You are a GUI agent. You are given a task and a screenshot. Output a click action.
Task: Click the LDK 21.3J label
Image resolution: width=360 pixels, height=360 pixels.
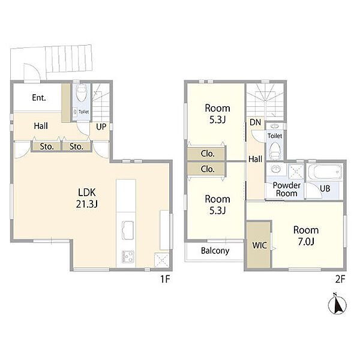tap(87, 198)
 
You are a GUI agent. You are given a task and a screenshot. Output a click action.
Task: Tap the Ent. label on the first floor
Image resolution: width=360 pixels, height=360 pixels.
tap(39, 98)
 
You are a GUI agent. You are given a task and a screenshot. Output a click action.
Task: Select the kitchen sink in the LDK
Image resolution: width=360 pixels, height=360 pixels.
tap(128, 230)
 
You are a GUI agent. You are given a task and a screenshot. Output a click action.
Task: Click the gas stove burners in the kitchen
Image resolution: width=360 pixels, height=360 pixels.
tap(128, 256)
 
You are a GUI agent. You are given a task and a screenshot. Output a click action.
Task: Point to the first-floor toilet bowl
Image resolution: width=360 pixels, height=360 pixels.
tap(82, 92)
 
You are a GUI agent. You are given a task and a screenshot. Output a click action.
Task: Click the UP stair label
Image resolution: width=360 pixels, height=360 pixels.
tap(101, 127)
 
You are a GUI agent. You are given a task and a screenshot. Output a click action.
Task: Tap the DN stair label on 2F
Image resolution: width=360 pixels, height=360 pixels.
tap(256, 122)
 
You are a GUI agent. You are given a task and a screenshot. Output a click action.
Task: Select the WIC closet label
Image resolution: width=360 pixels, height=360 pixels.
tap(259, 245)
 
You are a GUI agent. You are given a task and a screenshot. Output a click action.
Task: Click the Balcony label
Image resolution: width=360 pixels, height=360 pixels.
tap(215, 251)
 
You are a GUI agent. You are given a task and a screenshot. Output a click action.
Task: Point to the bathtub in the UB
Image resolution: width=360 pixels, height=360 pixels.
tap(325, 172)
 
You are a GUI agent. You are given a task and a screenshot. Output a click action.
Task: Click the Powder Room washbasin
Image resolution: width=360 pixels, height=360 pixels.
tap(275, 169)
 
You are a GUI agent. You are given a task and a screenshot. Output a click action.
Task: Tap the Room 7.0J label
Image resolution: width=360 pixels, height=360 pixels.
tap(306, 236)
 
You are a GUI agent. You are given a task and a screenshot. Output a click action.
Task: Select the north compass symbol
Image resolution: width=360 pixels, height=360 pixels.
tap(337, 304)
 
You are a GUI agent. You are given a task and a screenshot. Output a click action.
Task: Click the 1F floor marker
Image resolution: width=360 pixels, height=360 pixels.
tap(165, 279)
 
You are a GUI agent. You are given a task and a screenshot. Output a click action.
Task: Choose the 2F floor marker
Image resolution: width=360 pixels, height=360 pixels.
tap(340, 279)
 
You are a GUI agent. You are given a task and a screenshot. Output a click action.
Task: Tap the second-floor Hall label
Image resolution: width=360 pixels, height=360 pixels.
tap(256, 159)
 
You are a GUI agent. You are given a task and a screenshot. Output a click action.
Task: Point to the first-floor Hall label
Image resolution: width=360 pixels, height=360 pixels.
tap(41, 126)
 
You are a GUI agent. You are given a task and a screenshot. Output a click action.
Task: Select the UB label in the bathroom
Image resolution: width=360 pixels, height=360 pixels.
tap(325, 188)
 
